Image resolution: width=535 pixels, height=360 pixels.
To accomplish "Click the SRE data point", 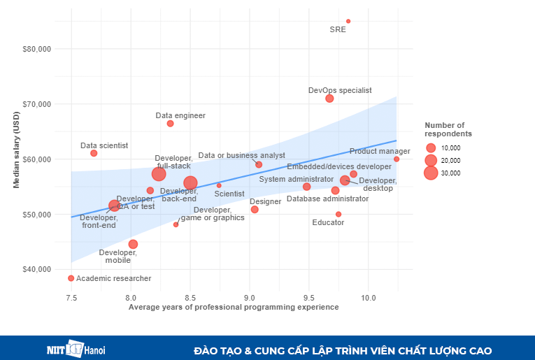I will point(348,21).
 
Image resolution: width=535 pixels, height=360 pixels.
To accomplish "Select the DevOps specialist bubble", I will point(329,99).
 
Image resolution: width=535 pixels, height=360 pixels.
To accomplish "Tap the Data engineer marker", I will point(170,124).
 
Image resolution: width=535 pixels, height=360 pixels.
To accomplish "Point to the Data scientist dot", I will point(94,153).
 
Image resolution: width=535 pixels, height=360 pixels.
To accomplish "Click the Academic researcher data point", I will point(71,278).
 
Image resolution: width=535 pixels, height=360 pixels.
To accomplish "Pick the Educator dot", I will point(338,214).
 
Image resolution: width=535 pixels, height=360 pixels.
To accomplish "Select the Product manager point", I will point(397,159).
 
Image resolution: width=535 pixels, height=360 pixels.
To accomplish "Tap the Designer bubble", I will point(255,210).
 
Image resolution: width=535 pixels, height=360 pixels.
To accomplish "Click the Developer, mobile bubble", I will point(133,244).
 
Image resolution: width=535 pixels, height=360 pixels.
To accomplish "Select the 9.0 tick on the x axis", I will point(250,298).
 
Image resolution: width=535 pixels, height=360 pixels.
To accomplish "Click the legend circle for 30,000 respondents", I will point(431,173).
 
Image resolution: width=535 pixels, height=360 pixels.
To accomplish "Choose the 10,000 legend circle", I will point(431,148).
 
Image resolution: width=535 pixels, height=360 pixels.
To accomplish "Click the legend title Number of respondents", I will point(448,129).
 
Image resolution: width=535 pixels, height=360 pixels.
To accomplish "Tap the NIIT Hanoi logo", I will point(76,350).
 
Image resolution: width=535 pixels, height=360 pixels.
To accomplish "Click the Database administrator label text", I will point(327,199).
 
